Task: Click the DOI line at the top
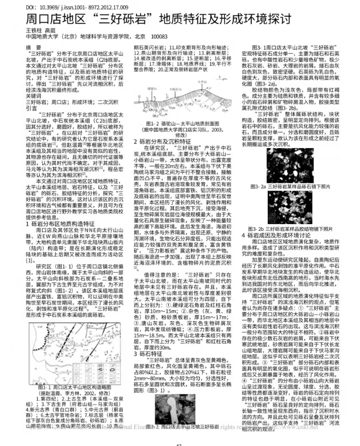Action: pos(77,7)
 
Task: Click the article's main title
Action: pos(159,19)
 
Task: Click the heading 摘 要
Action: pos(34,48)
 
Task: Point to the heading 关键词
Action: pos(34,96)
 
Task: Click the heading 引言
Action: pos(32,108)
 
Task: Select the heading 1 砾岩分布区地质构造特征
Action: pos(60,224)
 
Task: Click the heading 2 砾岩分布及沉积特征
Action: pos(162,142)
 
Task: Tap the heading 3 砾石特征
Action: pos(148,354)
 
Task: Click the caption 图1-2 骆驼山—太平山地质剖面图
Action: pos(183,124)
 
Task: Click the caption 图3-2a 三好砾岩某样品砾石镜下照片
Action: pos(290,187)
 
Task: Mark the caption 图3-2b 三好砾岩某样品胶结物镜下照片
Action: pos(290,229)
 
